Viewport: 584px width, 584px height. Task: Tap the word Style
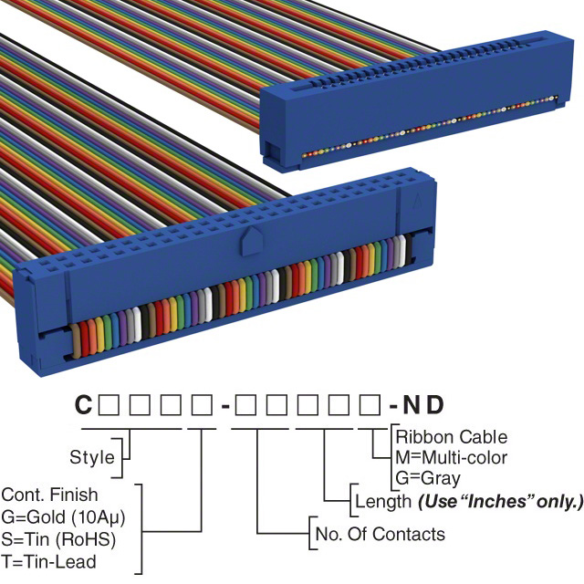pyautogui.click(x=92, y=456)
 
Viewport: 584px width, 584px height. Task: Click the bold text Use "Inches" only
pyautogui.click(x=500, y=500)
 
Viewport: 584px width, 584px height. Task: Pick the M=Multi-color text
pyautogui.click(x=452, y=457)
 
